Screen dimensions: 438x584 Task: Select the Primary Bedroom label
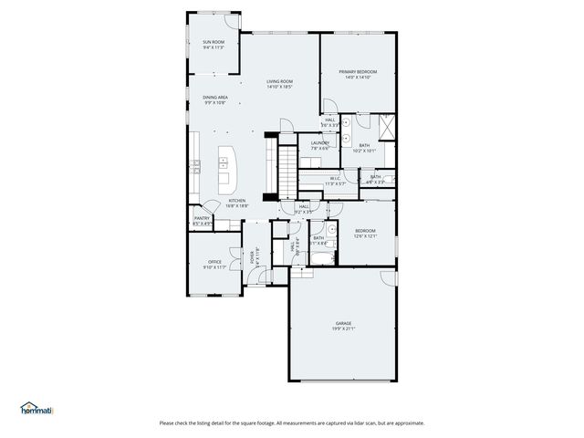point(358,74)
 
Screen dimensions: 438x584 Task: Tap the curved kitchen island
point(224,168)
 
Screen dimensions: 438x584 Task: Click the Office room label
point(214,264)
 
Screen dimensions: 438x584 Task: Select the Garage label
point(343,324)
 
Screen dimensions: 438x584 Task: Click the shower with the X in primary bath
point(386,125)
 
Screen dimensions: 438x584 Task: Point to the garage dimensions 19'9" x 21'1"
point(343,328)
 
